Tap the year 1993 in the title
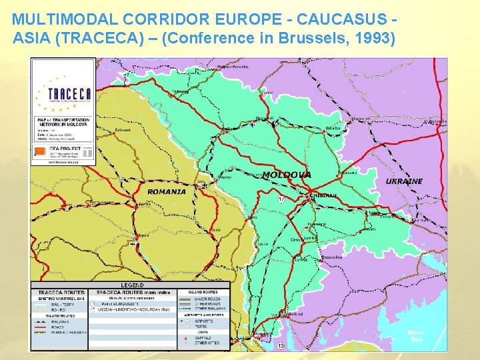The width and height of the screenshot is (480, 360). (x=374, y=37)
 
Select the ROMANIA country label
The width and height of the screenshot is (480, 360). (x=167, y=191)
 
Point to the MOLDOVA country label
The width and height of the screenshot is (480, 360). (x=287, y=175)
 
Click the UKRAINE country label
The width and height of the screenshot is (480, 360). (x=404, y=181)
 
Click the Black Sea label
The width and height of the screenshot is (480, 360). (x=416, y=335)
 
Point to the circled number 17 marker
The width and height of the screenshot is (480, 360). (x=281, y=199)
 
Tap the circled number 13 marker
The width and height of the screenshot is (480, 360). (x=281, y=346)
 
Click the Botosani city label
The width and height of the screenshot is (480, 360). (x=123, y=130)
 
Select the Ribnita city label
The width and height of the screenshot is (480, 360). (x=333, y=128)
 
